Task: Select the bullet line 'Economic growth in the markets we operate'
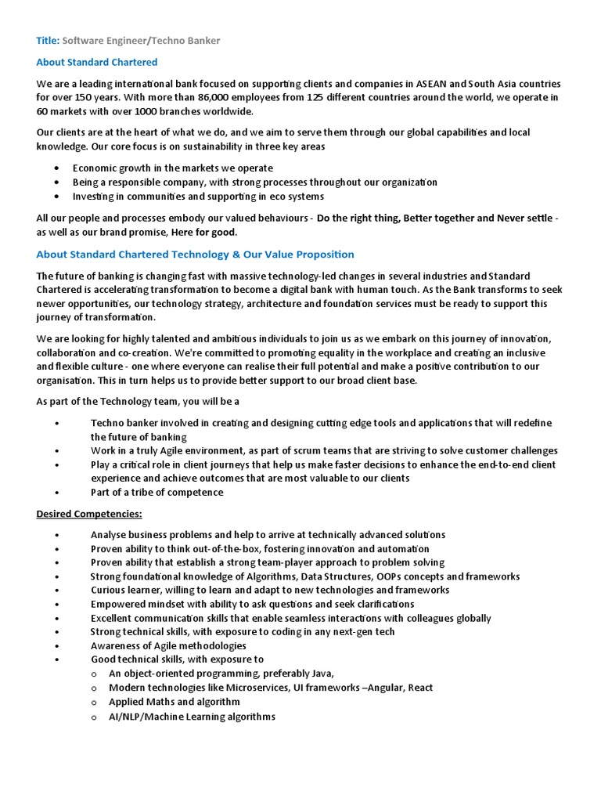coord(173,168)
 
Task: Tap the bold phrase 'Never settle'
coord(524,219)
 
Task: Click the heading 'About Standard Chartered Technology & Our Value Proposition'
coord(195,255)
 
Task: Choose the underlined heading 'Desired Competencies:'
coord(89,514)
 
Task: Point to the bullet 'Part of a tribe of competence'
coord(157,493)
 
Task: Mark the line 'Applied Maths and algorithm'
coord(175,702)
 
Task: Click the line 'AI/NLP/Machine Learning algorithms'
coord(192,716)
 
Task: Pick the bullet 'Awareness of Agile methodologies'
coord(168,646)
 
